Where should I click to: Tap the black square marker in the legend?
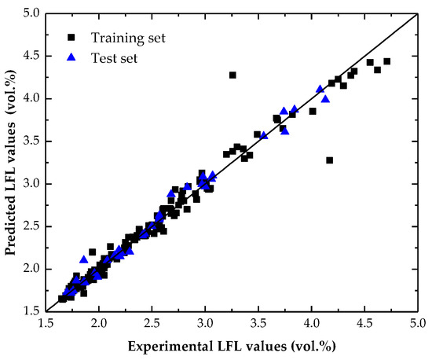tap(72, 37)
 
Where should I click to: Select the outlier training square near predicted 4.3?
tap(232, 75)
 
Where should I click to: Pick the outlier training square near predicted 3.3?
tap(329, 160)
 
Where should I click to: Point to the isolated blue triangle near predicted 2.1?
tap(84, 259)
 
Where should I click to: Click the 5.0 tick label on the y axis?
tap(30, 14)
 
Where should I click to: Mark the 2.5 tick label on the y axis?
tap(30, 226)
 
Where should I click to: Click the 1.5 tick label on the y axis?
tap(30, 311)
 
